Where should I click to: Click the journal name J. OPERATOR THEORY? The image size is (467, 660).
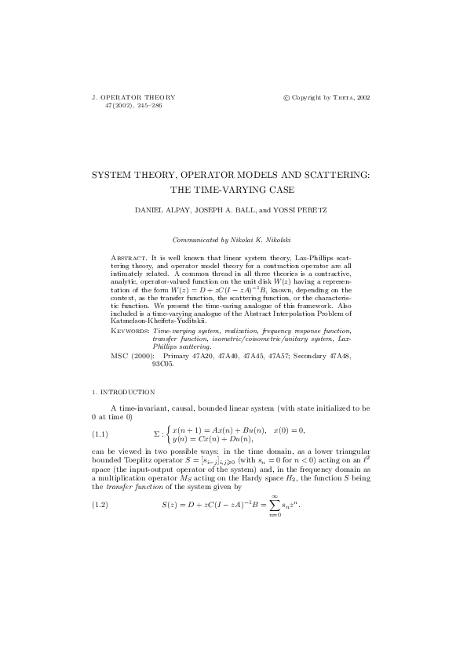pos(134,97)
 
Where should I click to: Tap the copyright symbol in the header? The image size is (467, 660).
pos(286,97)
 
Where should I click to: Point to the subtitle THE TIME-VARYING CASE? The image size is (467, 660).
pos(232,189)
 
